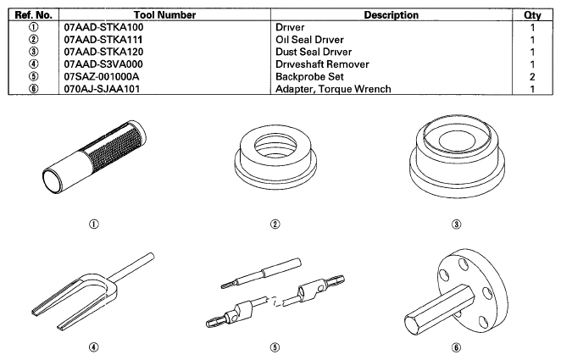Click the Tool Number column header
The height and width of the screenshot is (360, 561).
[x=164, y=15]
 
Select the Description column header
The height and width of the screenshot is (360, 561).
[x=391, y=15]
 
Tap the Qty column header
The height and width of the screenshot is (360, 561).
[x=532, y=15]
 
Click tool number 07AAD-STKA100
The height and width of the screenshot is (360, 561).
[x=103, y=27]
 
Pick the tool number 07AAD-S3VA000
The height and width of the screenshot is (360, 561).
[x=103, y=64]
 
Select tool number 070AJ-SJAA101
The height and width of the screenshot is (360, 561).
[x=102, y=89]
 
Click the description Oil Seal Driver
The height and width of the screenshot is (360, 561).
[x=309, y=40]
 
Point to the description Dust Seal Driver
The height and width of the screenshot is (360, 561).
[x=314, y=53]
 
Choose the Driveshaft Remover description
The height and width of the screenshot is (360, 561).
[x=322, y=64]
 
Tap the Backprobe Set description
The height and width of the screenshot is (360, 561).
[x=309, y=77]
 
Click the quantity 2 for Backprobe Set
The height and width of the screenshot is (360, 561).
[x=532, y=77]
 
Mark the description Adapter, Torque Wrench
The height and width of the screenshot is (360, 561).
[x=333, y=89]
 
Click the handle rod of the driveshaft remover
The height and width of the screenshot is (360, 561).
[x=131, y=268]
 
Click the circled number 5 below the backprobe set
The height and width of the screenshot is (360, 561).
[x=275, y=347]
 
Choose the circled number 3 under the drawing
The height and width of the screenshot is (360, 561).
[x=456, y=224]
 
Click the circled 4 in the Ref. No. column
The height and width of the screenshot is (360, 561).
[x=33, y=64]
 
